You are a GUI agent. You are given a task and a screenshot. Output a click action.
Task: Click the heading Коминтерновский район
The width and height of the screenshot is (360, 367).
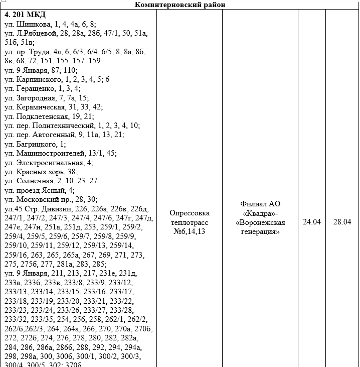pos(180,5)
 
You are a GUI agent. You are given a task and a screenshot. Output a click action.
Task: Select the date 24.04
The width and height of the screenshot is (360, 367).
pos(311,222)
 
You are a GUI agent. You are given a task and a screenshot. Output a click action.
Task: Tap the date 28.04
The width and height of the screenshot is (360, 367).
pos(342,222)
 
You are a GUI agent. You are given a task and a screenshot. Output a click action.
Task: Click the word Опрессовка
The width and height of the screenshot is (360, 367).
pos(190,213)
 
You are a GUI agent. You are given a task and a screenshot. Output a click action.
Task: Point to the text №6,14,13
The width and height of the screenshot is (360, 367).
pos(190,231)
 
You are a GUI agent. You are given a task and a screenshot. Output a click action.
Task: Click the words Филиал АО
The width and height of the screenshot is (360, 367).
pos(260,204)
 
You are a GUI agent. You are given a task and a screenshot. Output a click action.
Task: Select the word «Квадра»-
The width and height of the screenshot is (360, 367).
pos(260,213)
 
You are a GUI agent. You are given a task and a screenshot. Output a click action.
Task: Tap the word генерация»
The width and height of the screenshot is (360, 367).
pos(260,231)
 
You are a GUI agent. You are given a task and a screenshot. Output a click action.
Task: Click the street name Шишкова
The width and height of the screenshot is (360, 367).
pos(34,24)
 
